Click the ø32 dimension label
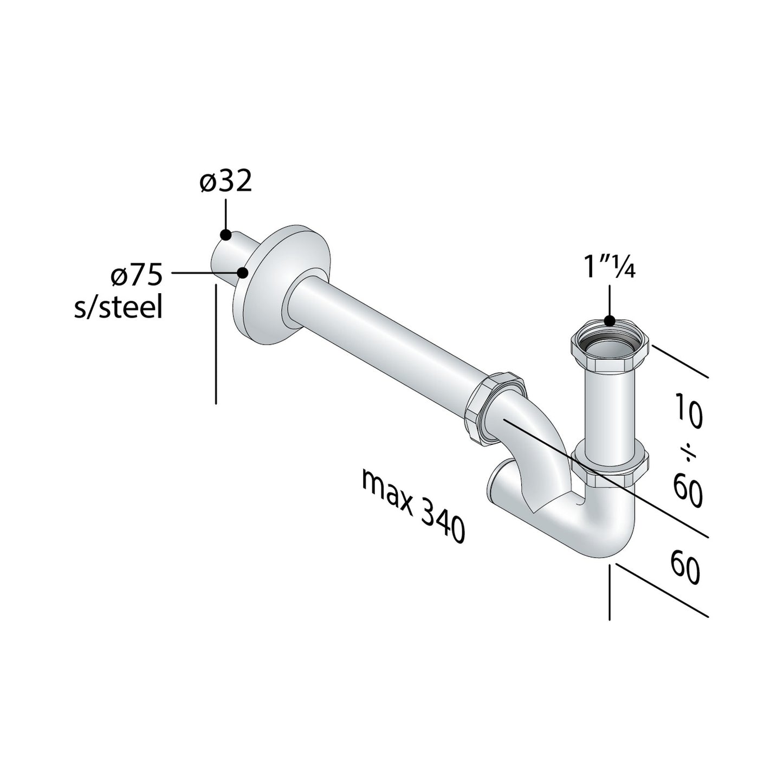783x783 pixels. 226,183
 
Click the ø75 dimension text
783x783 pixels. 136,276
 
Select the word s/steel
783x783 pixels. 119,308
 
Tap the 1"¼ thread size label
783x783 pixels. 609,268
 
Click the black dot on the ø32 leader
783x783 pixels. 226,235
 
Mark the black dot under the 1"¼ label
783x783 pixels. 610,321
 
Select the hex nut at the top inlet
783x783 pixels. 610,347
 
